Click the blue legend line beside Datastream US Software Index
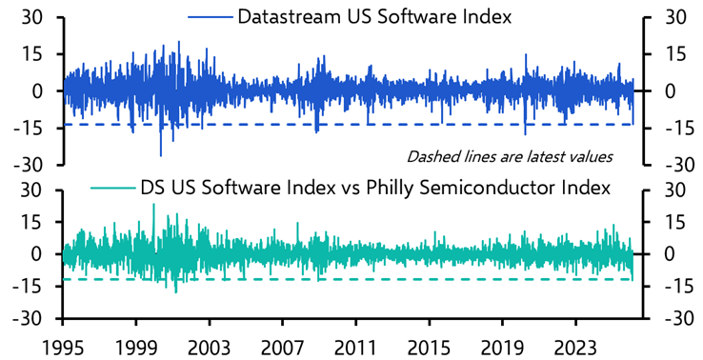pyautogui.click(x=210, y=18)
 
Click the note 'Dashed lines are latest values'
pyautogui.click(x=509, y=155)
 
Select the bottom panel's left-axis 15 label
pyautogui.click(x=36, y=221)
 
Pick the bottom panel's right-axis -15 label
pyautogui.click(x=670, y=286)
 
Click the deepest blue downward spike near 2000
pyautogui.click(x=160, y=154)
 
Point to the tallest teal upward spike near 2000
pyautogui.click(x=153, y=205)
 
